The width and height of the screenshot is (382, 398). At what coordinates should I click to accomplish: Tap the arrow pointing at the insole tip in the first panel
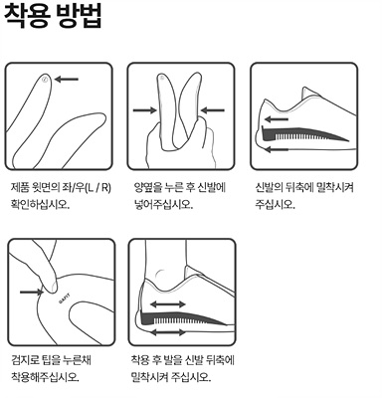tap(68, 79)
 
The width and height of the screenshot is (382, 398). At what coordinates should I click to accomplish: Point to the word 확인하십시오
tap(41, 206)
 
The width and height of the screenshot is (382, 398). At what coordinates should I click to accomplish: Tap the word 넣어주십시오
tap(161, 206)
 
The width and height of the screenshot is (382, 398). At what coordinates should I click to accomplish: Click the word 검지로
tap(24, 361)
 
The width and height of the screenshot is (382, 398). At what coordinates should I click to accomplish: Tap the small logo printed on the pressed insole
tap(66, 296)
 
